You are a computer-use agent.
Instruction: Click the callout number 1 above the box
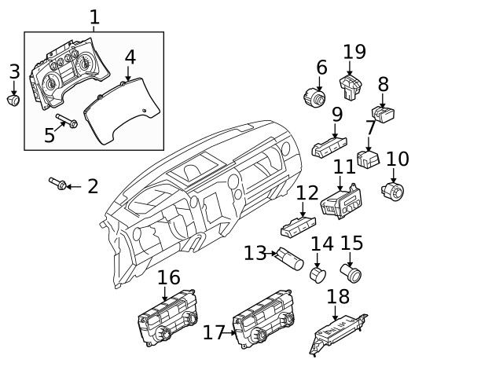94,16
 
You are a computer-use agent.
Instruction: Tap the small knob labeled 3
14,100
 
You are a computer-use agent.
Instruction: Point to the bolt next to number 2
57,185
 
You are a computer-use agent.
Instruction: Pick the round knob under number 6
314,99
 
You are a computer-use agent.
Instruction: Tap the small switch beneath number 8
384,115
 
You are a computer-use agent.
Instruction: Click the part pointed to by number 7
368,159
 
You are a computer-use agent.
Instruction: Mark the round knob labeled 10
391,190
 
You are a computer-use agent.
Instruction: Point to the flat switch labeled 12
298,229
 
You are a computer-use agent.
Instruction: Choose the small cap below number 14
318,275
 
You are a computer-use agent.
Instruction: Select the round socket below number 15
351,273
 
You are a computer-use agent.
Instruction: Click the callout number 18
338,297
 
